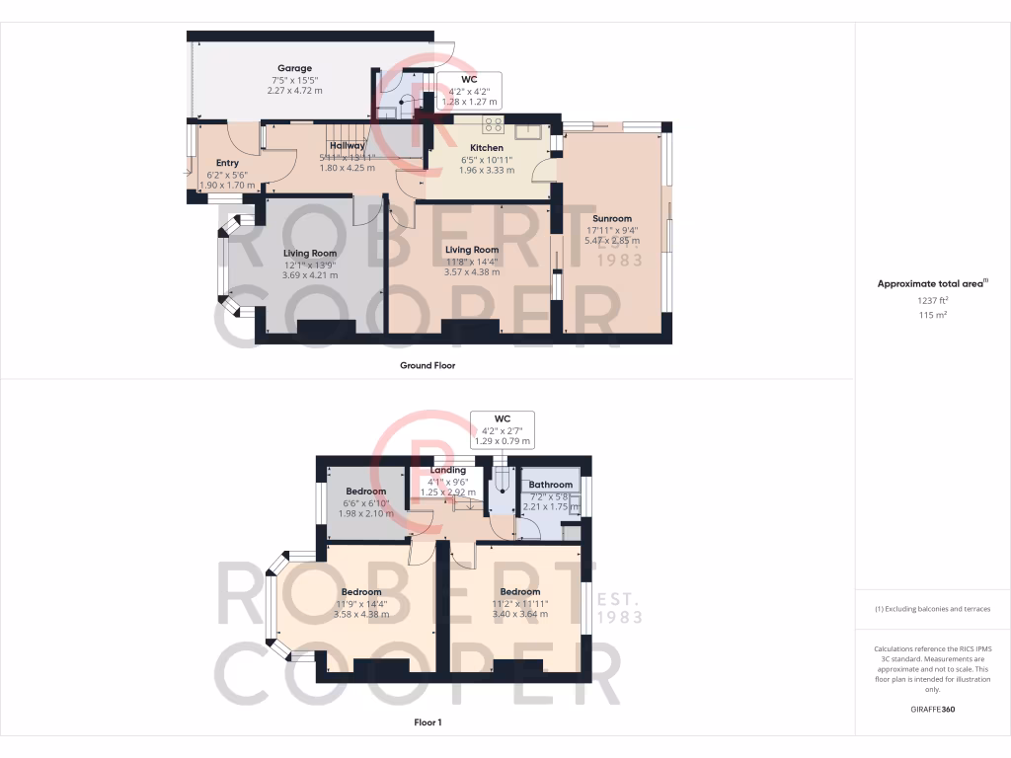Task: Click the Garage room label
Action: (x=294, y=69)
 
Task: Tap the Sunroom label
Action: (x=612, y=219)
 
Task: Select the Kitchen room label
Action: (x=487, y=148)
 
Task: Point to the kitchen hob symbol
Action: (x=493, y=125)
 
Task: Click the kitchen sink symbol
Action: (x=525, y=128)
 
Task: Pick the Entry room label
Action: (x=227, y=163)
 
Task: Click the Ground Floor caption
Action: (x=427, y=365)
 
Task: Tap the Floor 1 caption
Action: (x=428, y=722)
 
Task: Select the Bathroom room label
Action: (x=550, y=485)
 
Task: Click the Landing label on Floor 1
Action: (x=447, y=470)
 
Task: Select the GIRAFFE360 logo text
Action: (x=932, y=709)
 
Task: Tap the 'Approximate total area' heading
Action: (x=931, y=283)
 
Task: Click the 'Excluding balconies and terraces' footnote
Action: (x=932, y=609)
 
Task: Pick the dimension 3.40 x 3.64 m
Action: (x=518, y=613)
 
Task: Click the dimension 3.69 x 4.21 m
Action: (x=311, y=275)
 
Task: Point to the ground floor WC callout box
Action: (x=470, y=90)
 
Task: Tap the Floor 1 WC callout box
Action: (x=503, y=429)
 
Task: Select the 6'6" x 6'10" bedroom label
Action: (x=365, y=502)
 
